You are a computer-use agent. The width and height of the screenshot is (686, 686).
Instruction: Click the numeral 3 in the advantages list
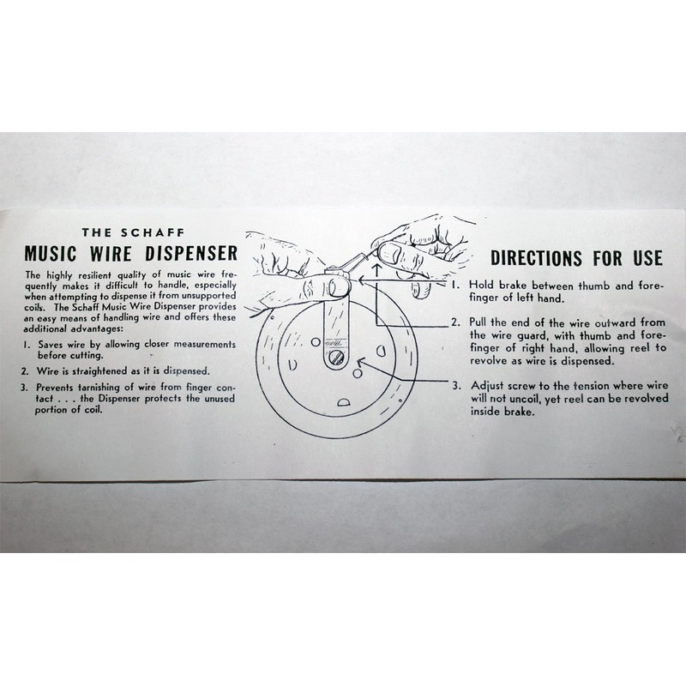(26, 387)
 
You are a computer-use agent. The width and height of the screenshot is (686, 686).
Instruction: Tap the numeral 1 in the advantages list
(26, 345)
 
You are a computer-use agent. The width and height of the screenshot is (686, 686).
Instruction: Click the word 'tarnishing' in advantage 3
(98, 387)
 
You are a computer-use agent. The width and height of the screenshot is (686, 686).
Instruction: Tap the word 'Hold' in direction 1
(482, 284)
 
